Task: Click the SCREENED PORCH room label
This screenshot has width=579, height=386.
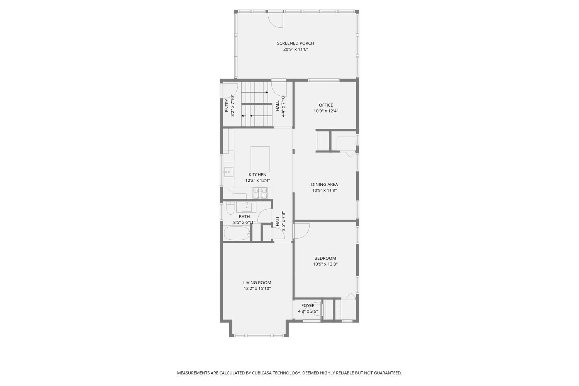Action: (295, 43)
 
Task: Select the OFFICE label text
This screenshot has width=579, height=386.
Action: (326, 105)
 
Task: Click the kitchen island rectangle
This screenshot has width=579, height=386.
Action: (260, 159)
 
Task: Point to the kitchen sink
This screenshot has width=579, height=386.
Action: (229, 172)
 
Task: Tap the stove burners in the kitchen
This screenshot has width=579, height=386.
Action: (260, 193)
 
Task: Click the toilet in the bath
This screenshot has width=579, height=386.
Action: (230, 209)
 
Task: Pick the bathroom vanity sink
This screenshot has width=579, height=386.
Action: (246, 207)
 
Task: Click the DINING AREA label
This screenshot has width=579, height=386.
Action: (324, 185)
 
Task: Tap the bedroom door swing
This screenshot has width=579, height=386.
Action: (301, 231)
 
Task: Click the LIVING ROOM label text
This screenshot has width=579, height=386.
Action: (257, 283)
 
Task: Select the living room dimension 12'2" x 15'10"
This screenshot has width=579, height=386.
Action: (257, 288)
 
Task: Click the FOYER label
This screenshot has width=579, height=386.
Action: (308, 306)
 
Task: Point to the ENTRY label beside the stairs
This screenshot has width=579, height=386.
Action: (227, 105)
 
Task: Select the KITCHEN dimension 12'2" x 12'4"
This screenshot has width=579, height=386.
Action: (257, 180)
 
